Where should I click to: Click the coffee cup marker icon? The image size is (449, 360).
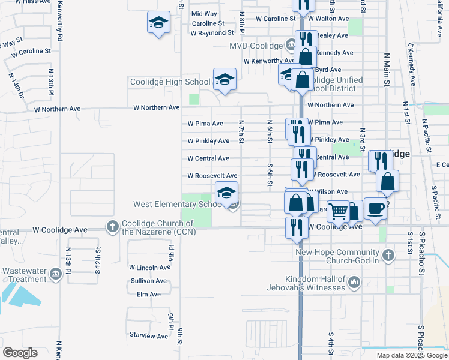[376, 208]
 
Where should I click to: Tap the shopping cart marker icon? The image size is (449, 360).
[339, 211]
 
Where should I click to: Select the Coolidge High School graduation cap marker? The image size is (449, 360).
[224, 79]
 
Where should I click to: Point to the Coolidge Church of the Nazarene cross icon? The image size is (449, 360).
[112, 227]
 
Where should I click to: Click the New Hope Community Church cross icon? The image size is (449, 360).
[388, 255]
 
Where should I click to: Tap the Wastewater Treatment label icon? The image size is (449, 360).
[56, 274]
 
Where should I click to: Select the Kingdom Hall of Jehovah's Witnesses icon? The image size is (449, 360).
[354, 281]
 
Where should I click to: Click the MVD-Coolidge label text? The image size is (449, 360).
[256, 46]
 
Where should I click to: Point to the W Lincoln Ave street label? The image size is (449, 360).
[149, 268]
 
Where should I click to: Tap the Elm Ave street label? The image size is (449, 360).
[149, 295]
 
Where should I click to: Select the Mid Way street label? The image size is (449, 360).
[204, 14]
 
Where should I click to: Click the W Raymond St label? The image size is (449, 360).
[212, 33]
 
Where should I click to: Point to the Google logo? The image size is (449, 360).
[20, 352]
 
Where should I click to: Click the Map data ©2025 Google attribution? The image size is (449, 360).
[411, 355]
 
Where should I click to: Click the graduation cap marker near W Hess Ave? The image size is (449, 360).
[158, 23]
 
